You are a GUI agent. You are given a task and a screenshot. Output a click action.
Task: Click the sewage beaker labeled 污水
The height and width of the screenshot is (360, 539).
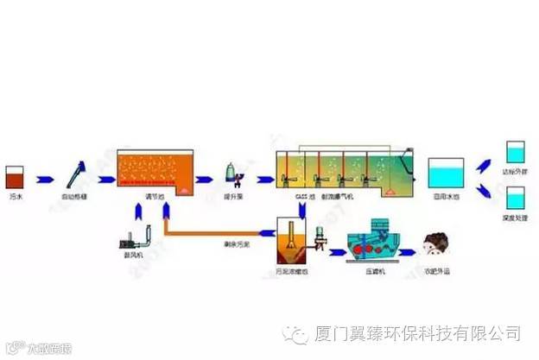[15, 179]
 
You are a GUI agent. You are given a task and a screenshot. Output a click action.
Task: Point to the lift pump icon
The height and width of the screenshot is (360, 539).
[232, 176]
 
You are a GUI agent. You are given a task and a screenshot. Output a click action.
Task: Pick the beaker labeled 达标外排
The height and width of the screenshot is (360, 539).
[517, 155]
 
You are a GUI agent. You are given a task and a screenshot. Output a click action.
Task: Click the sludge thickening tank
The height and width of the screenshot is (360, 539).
[290, 241]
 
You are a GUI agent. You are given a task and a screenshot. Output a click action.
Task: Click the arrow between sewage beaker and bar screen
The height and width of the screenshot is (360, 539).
[43, 179]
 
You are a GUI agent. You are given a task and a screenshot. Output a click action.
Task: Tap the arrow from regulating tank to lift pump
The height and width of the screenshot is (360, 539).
[206, 179]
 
